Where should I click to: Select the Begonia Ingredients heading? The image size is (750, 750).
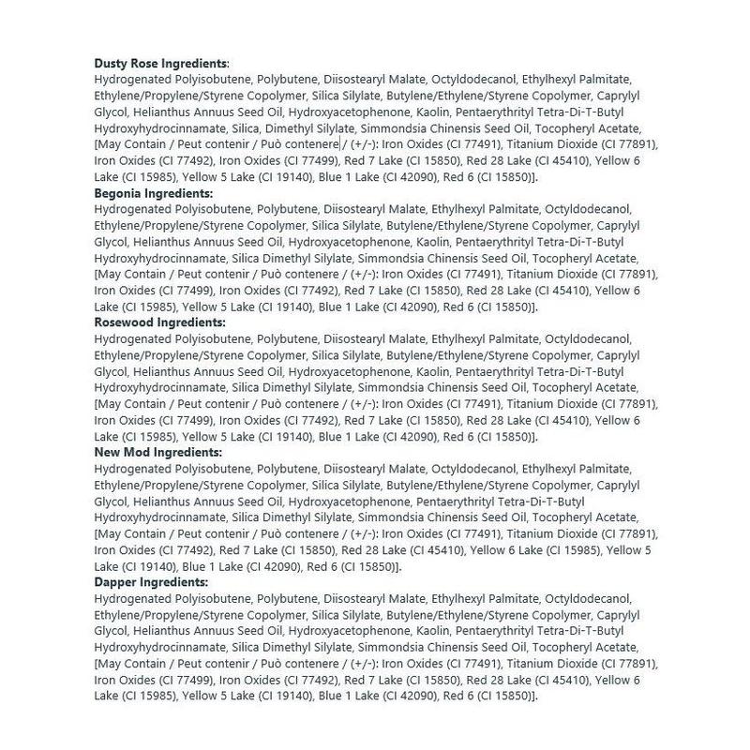coord(154,192)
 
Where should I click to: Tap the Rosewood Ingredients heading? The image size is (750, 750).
coord(161,322)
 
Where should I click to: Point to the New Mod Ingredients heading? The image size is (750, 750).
coord(157,452)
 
